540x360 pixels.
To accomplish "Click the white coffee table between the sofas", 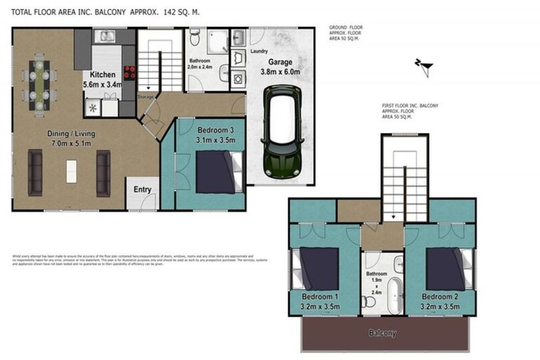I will pos(70,172).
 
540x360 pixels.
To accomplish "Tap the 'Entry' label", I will pos(143,189).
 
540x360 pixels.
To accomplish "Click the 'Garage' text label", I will pos(281,61).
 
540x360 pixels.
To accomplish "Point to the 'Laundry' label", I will pos(259,51).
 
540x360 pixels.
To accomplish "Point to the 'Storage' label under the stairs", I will pos(146,96).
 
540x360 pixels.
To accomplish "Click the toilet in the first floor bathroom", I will pos(367,301).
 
